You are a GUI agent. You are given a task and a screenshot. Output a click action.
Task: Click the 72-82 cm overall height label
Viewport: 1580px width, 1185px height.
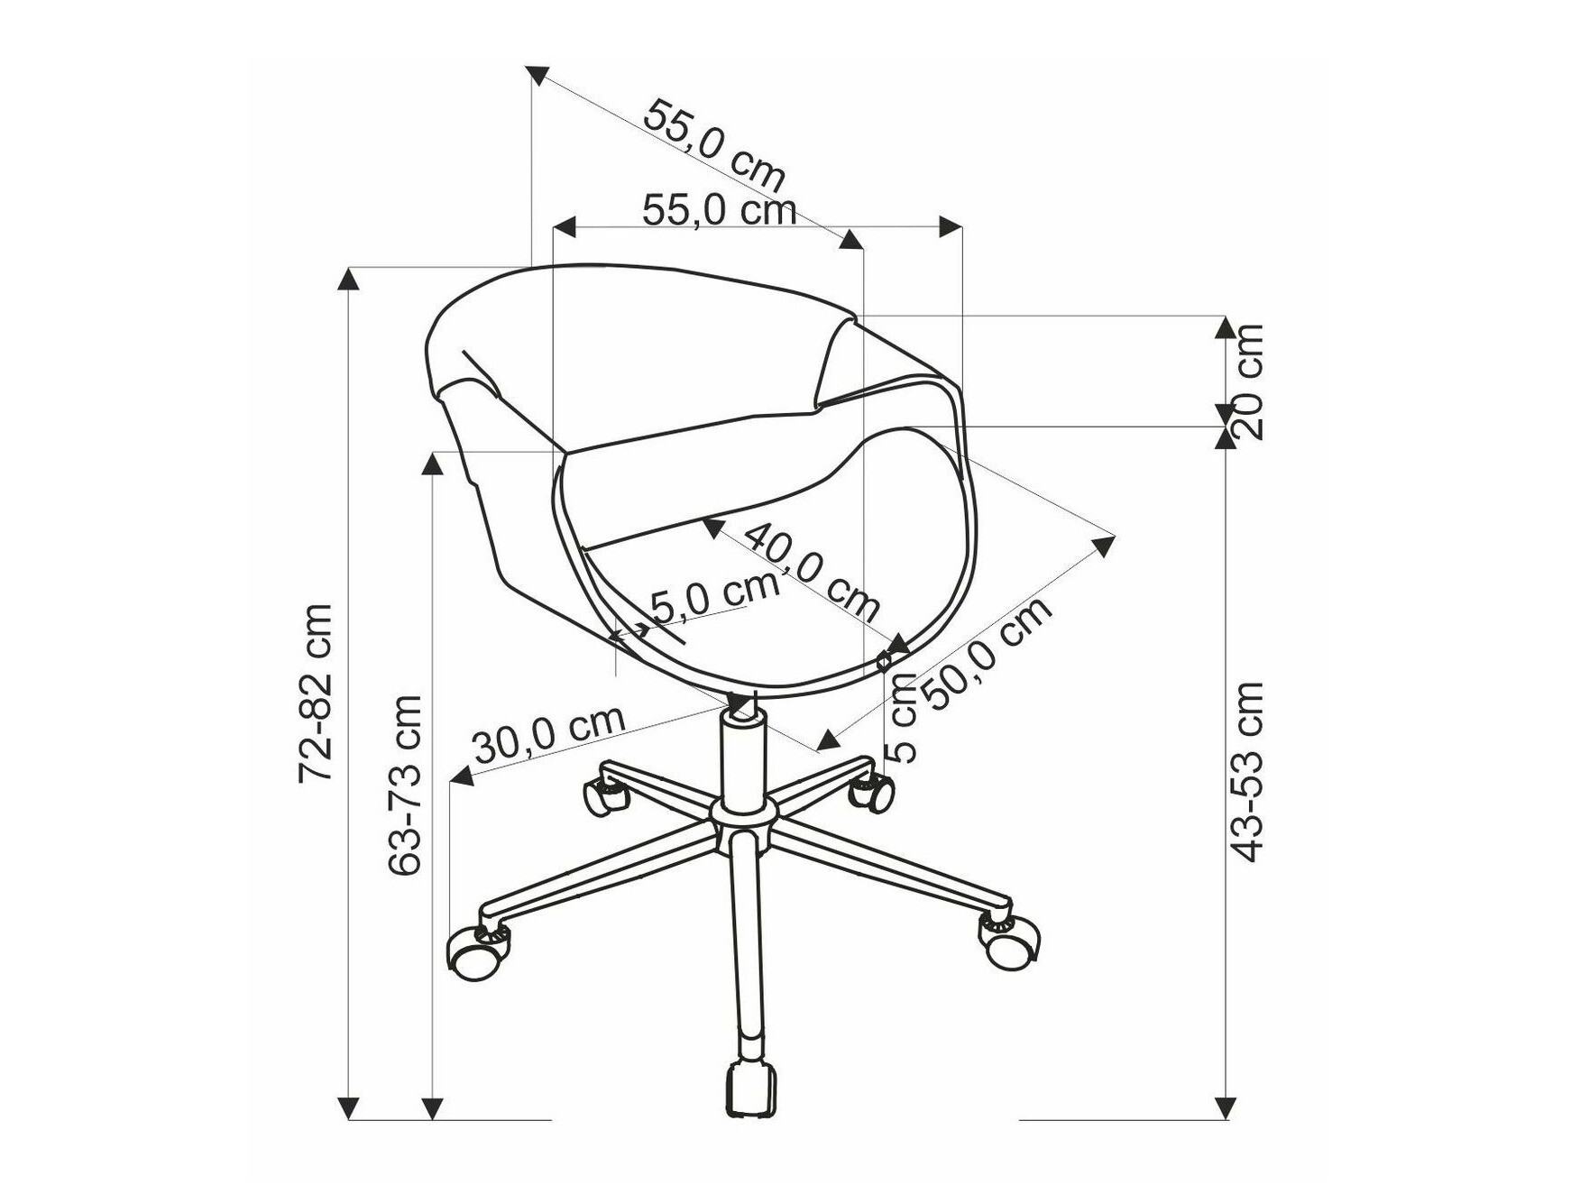(x=317, y=693)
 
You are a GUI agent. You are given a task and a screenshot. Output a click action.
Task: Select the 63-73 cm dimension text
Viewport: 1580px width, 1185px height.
(x=405, y=785)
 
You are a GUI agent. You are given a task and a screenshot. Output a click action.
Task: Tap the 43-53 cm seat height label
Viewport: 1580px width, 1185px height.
(x=1248, y=772)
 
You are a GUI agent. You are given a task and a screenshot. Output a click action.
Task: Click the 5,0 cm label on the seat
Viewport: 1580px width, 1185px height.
(x=713, y=596)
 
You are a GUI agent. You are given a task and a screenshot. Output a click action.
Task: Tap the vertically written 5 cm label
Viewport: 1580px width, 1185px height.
(x=902, y=718)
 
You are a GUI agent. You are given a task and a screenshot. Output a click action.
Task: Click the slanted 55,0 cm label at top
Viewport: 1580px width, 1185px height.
(x=713, y=144)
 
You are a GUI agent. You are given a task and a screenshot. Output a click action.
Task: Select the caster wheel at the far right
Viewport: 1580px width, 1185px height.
(x=1009, y=942)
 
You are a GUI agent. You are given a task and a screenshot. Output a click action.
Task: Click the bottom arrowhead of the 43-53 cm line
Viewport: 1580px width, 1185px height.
(x=1226, y=1108)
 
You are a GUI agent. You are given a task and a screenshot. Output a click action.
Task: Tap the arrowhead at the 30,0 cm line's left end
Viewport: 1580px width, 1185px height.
(x=462, y=775)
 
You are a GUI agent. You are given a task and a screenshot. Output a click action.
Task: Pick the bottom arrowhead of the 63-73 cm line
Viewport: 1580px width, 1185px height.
(x=434, y=1108)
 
